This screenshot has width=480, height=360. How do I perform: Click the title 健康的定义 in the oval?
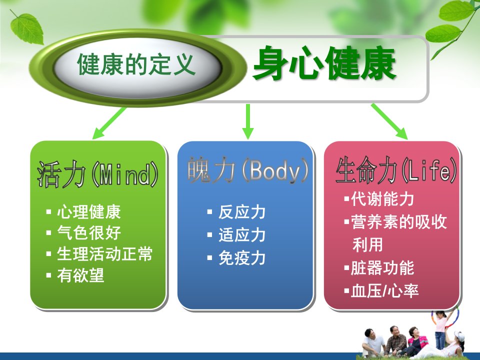136,64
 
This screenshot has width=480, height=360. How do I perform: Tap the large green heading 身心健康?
325,63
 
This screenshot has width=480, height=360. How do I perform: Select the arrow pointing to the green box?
109,123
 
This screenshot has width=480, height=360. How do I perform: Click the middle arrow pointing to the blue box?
247,121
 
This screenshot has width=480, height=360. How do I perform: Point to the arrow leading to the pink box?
389,121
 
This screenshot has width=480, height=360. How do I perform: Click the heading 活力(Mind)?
97,174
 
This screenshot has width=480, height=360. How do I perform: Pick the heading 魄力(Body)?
248,170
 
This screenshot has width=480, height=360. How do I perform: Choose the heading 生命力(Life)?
396,170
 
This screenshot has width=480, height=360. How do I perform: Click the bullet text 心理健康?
89,212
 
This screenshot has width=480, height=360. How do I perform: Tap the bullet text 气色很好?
89,233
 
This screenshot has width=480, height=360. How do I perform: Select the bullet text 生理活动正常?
104,254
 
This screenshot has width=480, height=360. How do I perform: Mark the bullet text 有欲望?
80,275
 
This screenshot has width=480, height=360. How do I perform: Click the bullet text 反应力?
242,212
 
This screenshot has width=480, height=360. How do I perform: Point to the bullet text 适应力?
242,235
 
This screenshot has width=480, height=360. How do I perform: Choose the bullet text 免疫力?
242,258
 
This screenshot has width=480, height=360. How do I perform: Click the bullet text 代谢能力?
382,199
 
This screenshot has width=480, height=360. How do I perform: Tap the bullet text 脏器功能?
382,268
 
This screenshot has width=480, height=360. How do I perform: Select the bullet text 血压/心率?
384,291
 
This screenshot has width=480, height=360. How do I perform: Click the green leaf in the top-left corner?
26,28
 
